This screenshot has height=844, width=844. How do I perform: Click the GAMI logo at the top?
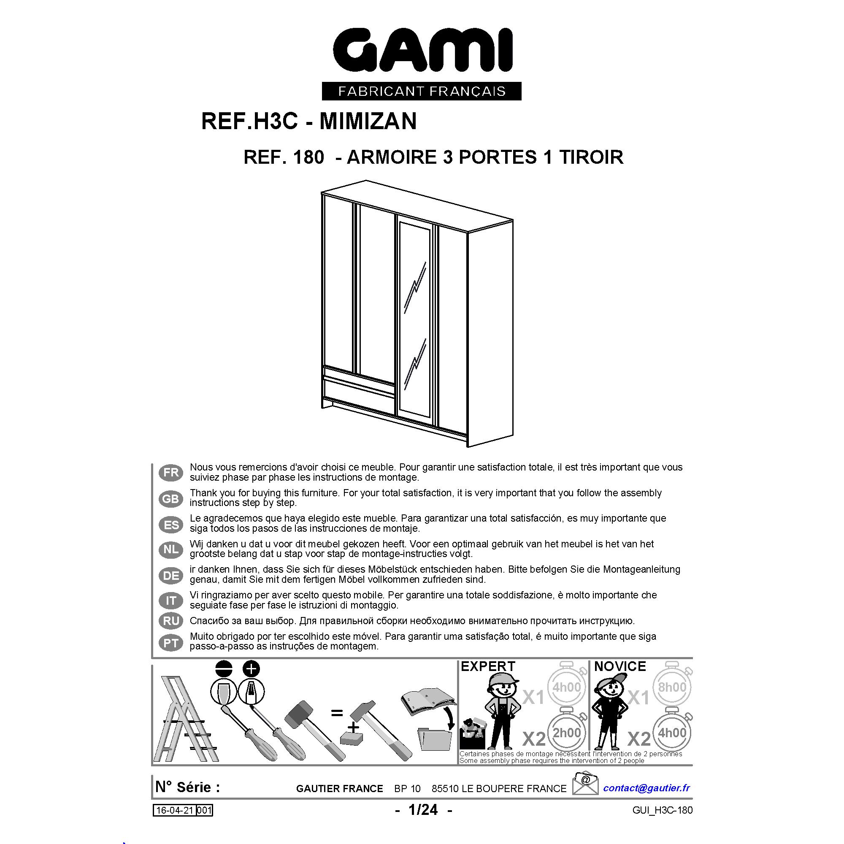[x=422, y=64]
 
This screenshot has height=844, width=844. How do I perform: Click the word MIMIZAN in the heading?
[x=368, y=121]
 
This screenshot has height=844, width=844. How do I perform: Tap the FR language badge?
[x=171, y=473]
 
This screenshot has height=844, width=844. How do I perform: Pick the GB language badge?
[x=171, y=498]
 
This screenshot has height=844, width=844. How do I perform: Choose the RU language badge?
[x=171, y=621]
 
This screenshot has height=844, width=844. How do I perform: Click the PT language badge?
[x=171, y=643]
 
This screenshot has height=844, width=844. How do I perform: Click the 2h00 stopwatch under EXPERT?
[x=567, y=732]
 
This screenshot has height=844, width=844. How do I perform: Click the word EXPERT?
[x=488, y=666]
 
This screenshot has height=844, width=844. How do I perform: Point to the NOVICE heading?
[x=620, y=666]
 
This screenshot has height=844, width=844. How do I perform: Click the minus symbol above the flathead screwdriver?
[x=225, y=669]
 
